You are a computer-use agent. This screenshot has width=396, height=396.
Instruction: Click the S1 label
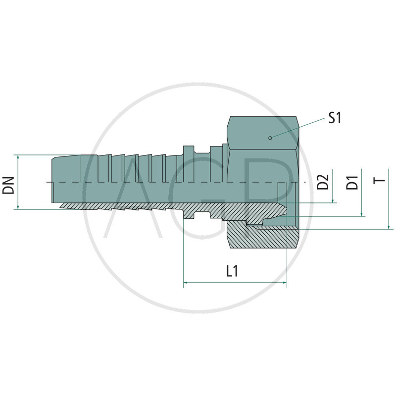coord(335,118)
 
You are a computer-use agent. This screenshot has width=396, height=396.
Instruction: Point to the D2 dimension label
coord(323,182)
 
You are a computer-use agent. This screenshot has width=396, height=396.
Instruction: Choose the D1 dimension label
coord(352,182)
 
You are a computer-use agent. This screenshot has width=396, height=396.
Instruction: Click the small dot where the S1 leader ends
coord(269,138)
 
